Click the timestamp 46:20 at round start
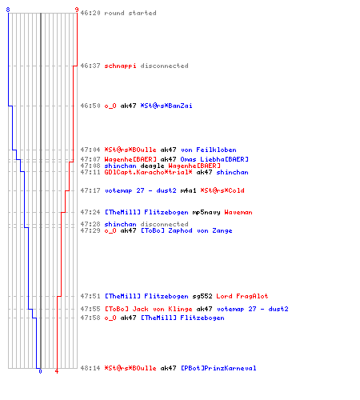pos(90,13)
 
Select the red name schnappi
pos(120,66)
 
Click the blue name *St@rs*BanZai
pos(166,106)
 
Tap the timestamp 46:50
pos(90,106)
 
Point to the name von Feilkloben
pos(209,150)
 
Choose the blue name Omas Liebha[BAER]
pos(214,159)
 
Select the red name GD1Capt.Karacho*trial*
pos(148,172)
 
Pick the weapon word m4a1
pos(188,190)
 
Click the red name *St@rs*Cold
pos(222,190)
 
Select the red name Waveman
pos(238,213)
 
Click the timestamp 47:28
pos(90,224)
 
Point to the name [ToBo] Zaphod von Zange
pos(186,230)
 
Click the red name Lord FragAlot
pos(242,296)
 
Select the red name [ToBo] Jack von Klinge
pos(148,309)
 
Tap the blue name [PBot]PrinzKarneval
pos(218,368)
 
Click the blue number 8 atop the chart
pos(8,10)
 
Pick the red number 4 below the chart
pos(57,371)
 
